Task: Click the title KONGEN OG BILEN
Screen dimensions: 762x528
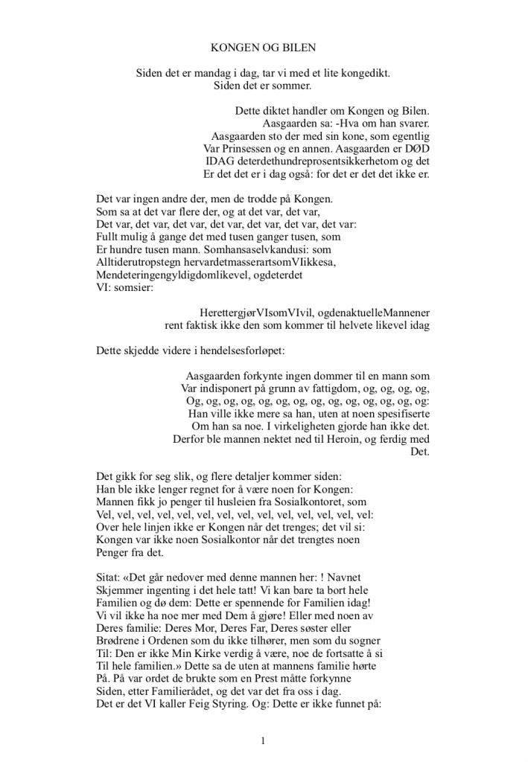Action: [x=264, y=48]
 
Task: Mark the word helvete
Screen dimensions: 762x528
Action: [x=348, y=325]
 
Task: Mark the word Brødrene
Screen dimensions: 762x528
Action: [x=119, y=641]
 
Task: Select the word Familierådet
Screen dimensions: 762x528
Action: [x=171, y=691]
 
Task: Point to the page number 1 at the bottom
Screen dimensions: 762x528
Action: [x=264, y=741]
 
